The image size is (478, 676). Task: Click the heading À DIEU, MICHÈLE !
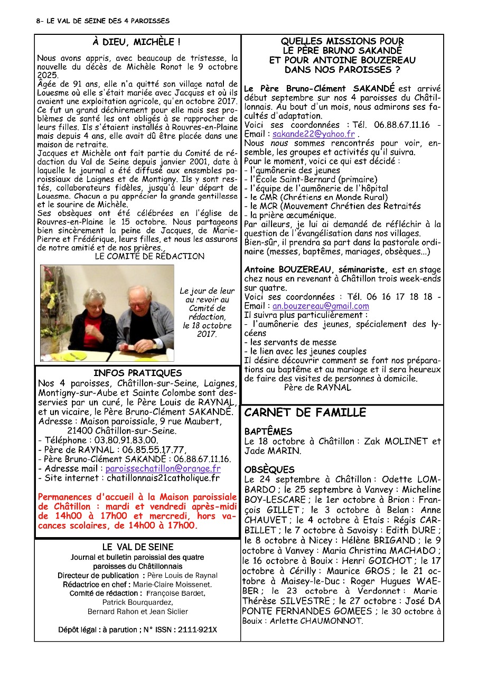136,42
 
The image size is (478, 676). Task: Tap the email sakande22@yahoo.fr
313,134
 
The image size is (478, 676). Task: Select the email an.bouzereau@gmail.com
321,306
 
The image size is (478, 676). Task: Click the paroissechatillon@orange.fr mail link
163,468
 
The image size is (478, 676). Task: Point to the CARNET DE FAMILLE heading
305,412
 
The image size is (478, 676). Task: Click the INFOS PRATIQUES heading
137,373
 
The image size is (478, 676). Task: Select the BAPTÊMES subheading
268,431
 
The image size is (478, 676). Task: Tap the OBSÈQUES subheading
269,470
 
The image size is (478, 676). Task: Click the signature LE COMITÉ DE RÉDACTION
149,256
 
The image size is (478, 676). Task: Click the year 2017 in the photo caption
198,334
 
